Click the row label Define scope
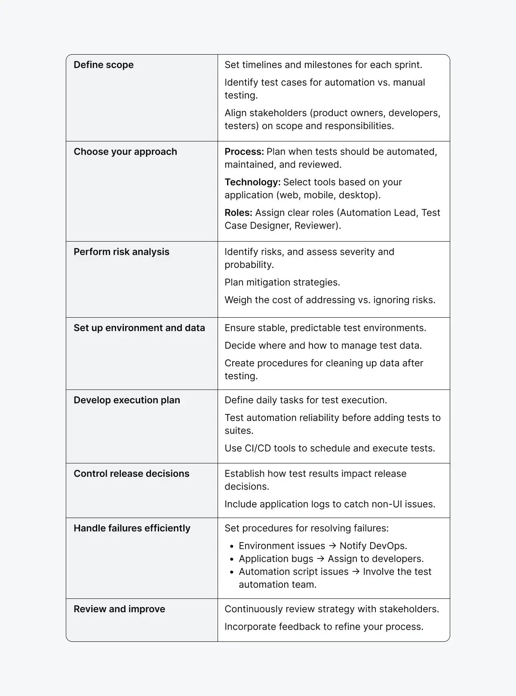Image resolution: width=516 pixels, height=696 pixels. (x=104, y=65)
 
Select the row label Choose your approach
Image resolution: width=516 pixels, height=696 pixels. (x=125, y=152)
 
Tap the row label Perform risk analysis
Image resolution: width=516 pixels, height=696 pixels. (x=121, y=252)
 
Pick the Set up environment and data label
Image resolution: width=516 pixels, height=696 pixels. (x=139, y=328)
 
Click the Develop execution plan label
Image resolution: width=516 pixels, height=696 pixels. (x=127, y=400)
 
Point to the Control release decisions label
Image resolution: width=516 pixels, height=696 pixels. (x=131, y=474)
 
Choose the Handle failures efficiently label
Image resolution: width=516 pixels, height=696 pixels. (x=132, y=528)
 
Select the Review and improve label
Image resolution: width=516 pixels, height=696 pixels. (x=119, y=609)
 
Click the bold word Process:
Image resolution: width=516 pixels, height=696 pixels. (x=244, y=152)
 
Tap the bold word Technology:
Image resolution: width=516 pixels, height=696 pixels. (x=252, y=182)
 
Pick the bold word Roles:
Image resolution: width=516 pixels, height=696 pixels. (x=238, y=213)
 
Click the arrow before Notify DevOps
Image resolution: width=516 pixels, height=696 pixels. (x=332, y=546)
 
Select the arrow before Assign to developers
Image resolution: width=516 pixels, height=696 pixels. (x=320, y=559)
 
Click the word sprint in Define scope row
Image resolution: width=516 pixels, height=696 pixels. (x=408, y=65)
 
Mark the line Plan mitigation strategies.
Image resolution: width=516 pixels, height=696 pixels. (x=282, y=282)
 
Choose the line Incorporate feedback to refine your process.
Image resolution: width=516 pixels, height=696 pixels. (x=324, y=627)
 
